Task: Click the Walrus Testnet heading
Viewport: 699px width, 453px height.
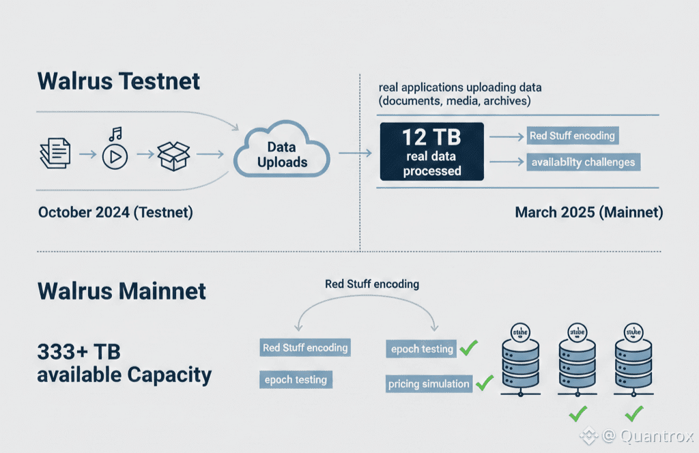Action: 119,81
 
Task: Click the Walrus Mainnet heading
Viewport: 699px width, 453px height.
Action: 122,291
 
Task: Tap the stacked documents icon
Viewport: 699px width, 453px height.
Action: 55,154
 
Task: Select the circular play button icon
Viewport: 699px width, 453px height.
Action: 115,157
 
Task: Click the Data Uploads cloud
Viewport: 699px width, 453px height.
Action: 282,155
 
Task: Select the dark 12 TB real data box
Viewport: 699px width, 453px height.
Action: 431,152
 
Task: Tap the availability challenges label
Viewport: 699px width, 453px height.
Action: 583,162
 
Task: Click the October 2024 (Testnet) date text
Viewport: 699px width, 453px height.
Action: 115,212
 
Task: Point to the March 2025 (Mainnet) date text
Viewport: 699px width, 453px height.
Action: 588,212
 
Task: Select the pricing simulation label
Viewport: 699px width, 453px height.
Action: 429,383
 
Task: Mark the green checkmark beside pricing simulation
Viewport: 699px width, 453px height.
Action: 484,383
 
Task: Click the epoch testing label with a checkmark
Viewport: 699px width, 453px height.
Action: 422,349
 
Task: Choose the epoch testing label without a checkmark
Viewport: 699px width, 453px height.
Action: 296,379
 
